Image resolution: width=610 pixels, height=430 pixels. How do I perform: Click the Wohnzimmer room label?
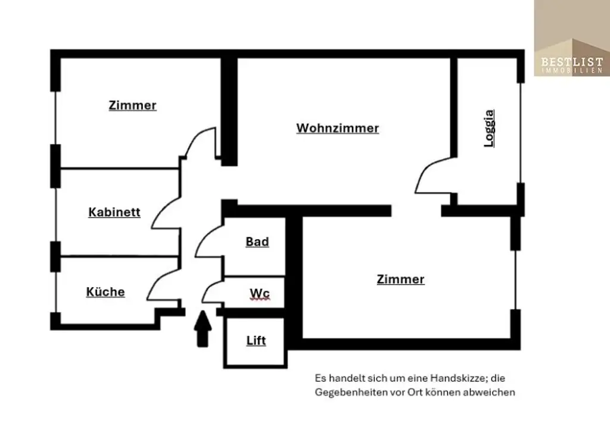coord(337,128)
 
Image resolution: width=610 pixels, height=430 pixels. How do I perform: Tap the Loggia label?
coord(489,128)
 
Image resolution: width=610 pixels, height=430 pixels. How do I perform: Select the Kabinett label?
coord(114,212)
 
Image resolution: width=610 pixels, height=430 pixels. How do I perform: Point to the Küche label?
coord(105,292)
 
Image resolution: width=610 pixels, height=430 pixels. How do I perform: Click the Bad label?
coord(257,242)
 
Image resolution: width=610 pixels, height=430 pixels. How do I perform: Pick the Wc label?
coord(260,294)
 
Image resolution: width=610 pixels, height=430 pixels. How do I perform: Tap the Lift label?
coord(256,341)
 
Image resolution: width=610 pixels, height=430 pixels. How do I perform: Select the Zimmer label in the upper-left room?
coord(132,106)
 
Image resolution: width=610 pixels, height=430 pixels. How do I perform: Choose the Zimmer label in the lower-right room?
coord(400,280)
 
